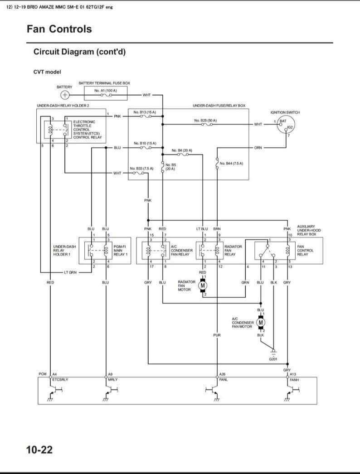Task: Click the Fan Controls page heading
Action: pos(59,29)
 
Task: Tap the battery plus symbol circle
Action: pos(65,95)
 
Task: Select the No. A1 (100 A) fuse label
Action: pos(105,91)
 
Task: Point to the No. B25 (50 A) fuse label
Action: pos(205,120)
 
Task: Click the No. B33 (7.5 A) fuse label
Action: pos(141,168)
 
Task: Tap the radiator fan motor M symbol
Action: pos(203,285)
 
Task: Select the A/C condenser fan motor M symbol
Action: pos(261,322)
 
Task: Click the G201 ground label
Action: pos(273,359)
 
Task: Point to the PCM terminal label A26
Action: pos(222,374)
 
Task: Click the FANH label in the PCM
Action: pos(294,379)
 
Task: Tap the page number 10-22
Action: pos(39,450)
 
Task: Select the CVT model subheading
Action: pos(47,72)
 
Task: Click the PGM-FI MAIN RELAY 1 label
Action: pos(121,251)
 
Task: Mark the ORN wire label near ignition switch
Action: pos(258,147)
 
